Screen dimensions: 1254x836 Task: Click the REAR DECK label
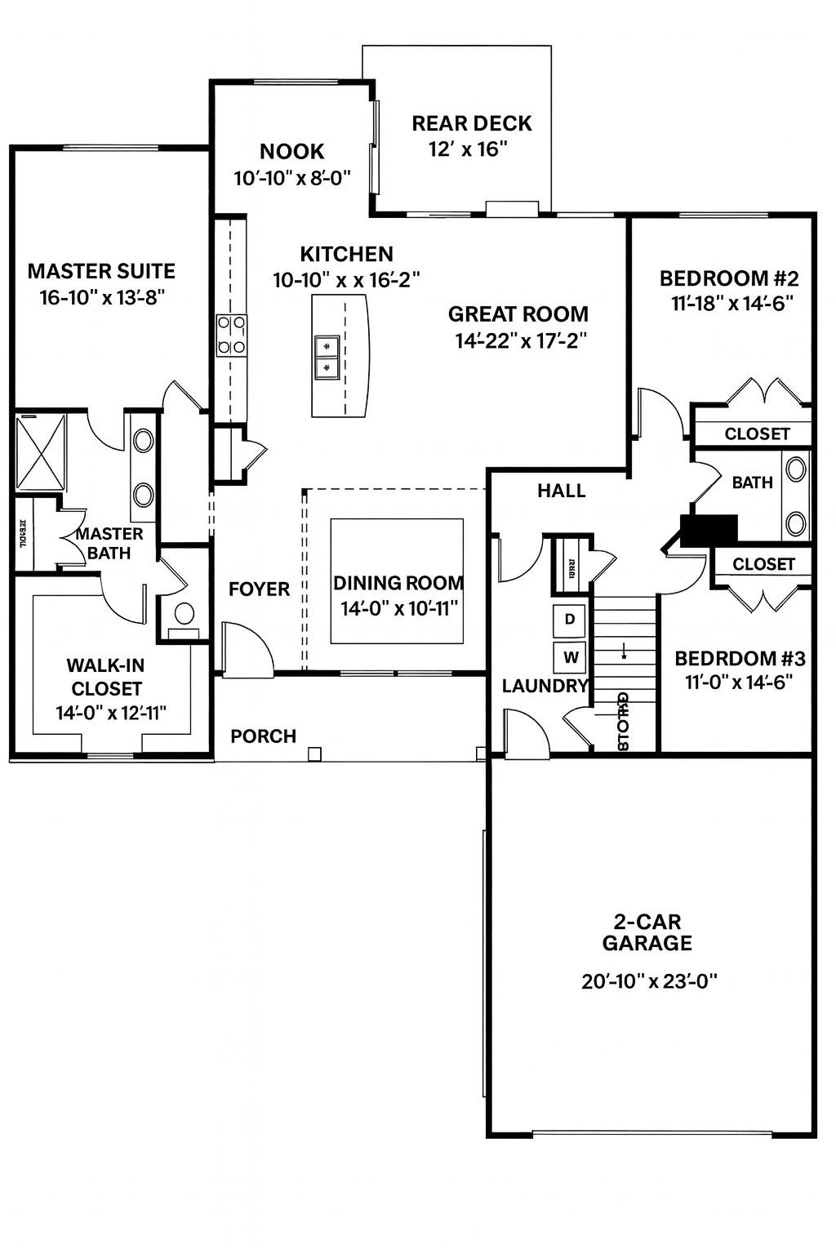471,123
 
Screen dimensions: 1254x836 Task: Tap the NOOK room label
291,151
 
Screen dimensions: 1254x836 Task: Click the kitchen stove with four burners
231,336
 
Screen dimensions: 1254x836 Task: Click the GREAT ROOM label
518,313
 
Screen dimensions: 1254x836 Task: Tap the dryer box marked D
570,620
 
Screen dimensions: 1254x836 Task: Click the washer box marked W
570,656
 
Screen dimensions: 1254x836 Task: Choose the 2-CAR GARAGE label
647,933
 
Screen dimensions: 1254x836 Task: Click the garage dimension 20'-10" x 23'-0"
649,981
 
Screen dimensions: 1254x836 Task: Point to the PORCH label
263,736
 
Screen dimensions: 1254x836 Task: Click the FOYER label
259,589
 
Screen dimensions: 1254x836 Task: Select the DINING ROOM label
398,583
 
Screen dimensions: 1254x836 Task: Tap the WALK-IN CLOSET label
106,677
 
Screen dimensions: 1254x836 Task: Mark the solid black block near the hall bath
709,530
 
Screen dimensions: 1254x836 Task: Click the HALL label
561,491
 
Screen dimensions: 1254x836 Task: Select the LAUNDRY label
545,686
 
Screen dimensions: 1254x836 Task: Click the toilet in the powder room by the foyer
185,615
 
